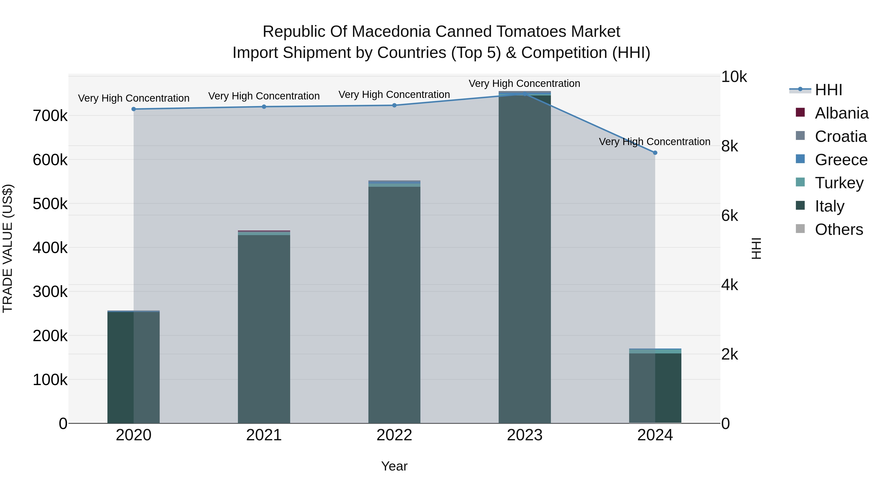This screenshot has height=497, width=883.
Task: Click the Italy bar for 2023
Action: [524, 261]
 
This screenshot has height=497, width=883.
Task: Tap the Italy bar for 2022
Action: [394, 305]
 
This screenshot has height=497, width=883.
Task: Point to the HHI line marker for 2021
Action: [264, 107]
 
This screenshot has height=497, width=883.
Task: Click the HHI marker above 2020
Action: [134, 109]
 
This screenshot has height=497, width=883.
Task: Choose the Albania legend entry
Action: [841, 113]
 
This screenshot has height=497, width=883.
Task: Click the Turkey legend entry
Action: [839, 183]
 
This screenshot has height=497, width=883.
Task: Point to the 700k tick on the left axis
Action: [50, 116]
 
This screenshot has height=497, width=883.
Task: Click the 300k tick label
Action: [50, 292]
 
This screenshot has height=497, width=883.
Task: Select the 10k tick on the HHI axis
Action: [734, 77]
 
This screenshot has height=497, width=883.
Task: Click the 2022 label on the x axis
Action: [394, 435]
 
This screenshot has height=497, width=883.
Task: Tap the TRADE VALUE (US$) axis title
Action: [8, 248]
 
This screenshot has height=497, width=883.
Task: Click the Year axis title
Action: [394, 466]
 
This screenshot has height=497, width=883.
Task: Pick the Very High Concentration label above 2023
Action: [524, 83]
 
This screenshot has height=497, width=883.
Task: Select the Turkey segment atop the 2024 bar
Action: [655, 351]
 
